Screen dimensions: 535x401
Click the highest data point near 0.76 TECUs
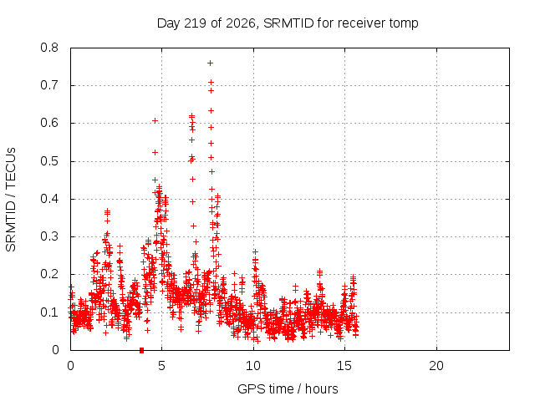[210, 63]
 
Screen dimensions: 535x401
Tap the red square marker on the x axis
[141, 351]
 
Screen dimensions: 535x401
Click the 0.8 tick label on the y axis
[49, 48]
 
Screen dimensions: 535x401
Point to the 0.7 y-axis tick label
[49, 85]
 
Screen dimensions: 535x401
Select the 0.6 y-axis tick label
[49, 123]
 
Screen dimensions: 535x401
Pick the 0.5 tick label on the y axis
[49, 161]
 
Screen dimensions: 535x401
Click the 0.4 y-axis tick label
[49, 199]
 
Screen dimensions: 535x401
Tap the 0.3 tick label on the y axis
[49, 236]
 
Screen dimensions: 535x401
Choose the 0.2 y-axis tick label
[49, 274]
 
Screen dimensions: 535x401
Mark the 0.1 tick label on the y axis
[49, 312]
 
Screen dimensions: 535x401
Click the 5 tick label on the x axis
[161, 366]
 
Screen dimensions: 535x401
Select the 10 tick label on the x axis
[253, 366]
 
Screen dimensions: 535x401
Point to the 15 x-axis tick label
[344, 366]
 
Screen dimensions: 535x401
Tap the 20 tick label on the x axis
[436, 366]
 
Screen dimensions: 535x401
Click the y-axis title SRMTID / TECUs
[11, 200]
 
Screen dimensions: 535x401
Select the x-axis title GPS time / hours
[288, 389]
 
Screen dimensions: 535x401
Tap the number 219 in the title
[195, 23]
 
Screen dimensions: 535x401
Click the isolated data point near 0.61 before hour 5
[155, 120]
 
